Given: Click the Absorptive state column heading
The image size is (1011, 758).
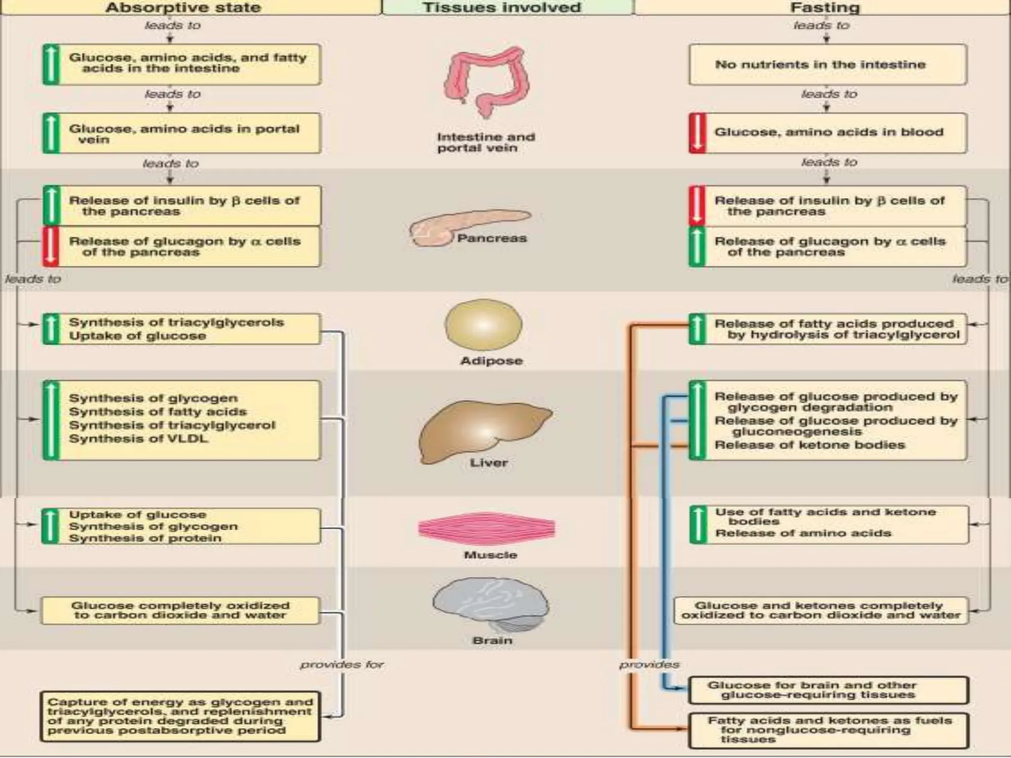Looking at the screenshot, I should [183, 7].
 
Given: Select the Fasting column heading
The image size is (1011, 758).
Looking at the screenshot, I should [824, 7].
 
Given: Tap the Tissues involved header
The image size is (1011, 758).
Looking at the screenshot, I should [502, 7].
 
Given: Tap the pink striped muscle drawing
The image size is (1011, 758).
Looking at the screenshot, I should [486, 528].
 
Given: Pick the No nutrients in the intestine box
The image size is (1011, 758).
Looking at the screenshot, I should [827, 65].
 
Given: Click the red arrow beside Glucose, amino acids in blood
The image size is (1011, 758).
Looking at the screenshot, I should [697, 133].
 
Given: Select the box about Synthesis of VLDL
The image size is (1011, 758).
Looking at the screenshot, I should [182, 420].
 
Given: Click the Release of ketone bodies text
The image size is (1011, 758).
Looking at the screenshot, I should [810, 445].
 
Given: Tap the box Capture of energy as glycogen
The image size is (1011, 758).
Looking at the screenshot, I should [180, 716].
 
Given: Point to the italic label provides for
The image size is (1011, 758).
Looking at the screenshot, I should [342, 665].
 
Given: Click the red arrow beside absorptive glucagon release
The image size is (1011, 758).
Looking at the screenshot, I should [51, 247].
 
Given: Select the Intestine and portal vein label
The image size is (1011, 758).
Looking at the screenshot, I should [485, 142].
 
